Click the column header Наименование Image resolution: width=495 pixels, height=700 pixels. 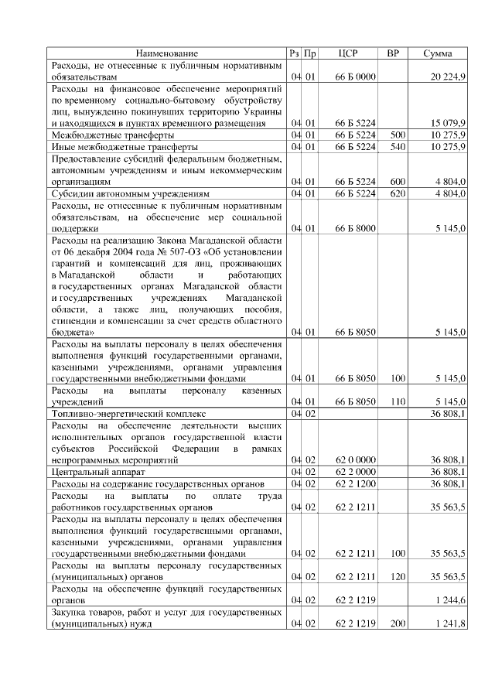tap(166, 53)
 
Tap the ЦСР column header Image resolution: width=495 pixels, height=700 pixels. tap(348, 53)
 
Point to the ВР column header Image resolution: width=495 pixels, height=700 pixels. tap(393, 53)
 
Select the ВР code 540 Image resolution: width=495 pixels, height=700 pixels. tap(398, 146)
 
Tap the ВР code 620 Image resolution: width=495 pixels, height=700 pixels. tap(398, 193)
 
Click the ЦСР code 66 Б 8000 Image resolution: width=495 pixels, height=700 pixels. tap(355, 229)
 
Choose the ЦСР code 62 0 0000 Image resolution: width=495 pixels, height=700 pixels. tap(355, 459)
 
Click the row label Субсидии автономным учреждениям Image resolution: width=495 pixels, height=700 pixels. tap(130, 193)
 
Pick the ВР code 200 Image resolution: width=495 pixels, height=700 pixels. tap(398, 623)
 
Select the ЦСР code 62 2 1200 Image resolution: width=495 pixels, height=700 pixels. tap(355, 483)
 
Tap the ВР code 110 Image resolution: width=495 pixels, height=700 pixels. tap(398, 402)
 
